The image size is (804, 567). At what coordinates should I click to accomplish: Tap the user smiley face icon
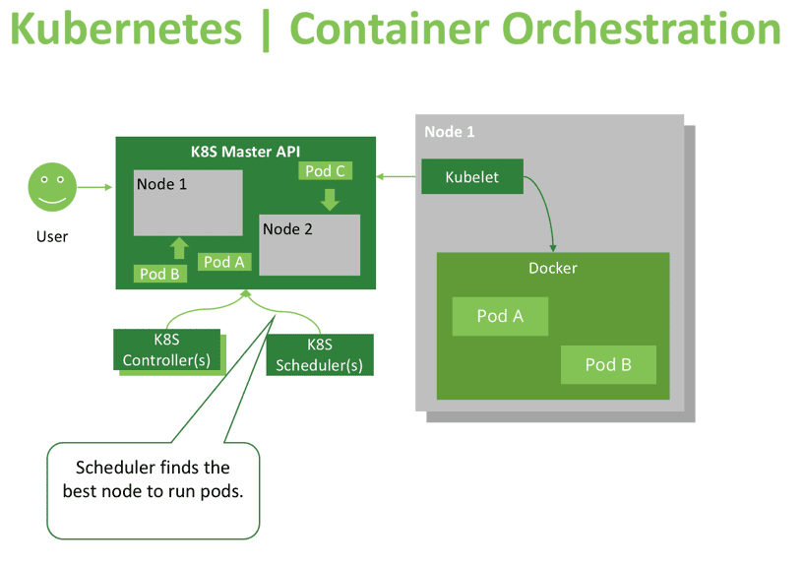tap(52, 187)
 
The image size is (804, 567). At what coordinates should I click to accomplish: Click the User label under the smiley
tap(52, 236)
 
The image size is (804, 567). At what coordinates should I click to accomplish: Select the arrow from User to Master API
tap(95, 187)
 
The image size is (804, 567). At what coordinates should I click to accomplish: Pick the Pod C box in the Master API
tap(325, 171)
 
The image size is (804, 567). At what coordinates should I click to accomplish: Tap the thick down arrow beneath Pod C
tap(330, 199)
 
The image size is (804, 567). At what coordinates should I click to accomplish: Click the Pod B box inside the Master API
tap(159, 274)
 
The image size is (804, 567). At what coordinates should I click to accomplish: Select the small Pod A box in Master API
tap(224, 262)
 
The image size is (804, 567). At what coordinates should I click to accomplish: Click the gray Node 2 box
tap(309, 244)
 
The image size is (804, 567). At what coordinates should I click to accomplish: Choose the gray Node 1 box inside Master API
tap(188, 203)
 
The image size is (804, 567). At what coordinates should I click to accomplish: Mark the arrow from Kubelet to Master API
tap(398, 177)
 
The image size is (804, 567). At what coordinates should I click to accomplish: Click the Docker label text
tap(552, 268)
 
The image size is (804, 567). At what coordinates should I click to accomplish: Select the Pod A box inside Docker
tap(500, 316)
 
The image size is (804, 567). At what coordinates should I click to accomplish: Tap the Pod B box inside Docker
tap(608, 364)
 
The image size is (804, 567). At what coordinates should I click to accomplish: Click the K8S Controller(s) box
tap(166, 351)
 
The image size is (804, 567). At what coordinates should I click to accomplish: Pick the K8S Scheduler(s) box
tap(319, 355)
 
